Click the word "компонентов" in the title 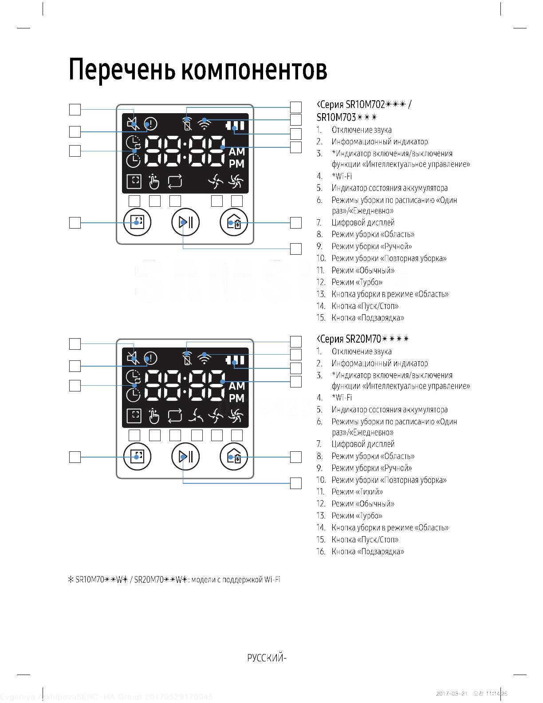(254, 70)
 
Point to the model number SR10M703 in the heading (336, 117)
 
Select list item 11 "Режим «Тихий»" (357, 492)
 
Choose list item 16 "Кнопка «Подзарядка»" (368, 552)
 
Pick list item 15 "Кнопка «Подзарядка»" (368, 318)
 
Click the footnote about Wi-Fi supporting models (174, 580)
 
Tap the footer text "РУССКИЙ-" (267, 658)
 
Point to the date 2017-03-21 (452, 694)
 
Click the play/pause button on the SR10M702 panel (185, 222)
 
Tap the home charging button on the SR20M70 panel (234, 457)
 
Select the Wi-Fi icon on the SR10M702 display (204, 123)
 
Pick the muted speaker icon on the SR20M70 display (133, 358)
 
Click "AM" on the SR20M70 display (236, 386)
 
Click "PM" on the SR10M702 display (236, 164)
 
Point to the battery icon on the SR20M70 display (235, 360)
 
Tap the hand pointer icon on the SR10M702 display (154, 181)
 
